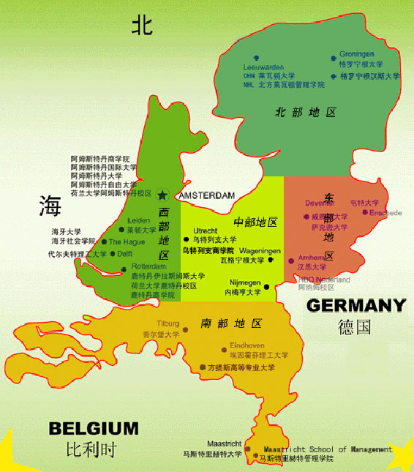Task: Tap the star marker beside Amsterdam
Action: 163,195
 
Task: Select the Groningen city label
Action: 357,53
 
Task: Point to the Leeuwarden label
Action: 263,67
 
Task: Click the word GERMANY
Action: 355,306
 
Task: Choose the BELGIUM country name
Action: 93,428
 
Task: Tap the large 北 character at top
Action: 142,26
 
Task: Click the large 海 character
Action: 50,206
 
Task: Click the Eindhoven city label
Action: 247,344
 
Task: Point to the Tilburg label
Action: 169,323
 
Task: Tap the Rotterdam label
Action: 150,267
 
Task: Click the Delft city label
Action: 126,253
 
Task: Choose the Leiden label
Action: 138,220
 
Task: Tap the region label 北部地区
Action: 305,113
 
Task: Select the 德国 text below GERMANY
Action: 355,326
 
